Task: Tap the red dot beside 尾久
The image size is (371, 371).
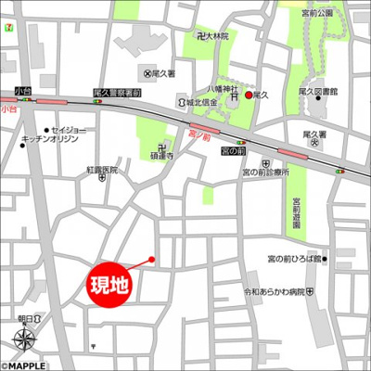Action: click(x=249, y=95)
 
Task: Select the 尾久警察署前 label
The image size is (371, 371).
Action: click(x=118, y=93)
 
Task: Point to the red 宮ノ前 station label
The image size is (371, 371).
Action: click(x=198, y=133)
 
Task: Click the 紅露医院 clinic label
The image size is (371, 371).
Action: click(x=101, y=170)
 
